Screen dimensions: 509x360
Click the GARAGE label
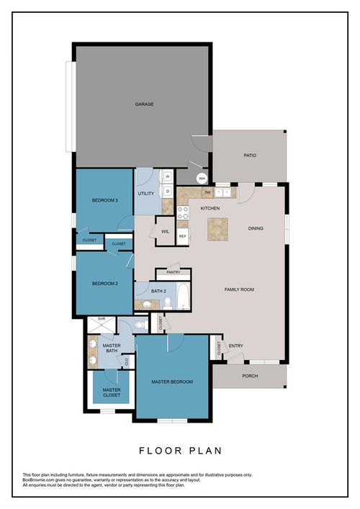pyautogui.click(x=144, y=104)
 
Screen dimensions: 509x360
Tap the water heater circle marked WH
pyautogui.click(x=202, y=178)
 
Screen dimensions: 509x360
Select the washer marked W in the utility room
pyautogui.click(x=166, y=176)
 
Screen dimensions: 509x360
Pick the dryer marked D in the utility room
pyautogui.click(x=166, y=192)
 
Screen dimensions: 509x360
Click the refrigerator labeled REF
pyautogui.click(x=183, y=235)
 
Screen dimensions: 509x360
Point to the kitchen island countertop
pyautogui.click(x=219, y=228)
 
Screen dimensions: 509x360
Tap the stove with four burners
pyautogui.click(x=183, y=212)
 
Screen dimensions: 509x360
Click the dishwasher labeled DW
pyautogui.click(x=207, y=192)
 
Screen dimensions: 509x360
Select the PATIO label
pyautogui.click(x=250, y=155)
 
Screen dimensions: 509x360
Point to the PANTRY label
pyautogui.click(x=174, y=273)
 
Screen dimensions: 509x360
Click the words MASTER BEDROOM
pyautogui.click(x=172, y=382)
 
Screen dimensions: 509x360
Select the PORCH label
pyautogui.click(x=250, y=376)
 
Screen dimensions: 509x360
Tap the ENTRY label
pyautogui.click(x=236, y=346)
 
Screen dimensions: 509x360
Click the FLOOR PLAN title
pyautogui.click(x=180, y=451)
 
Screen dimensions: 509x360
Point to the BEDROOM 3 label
pyautogui.click(x=105, y=200)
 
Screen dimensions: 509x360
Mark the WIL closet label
pyautogui.click(x=165, y=231)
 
